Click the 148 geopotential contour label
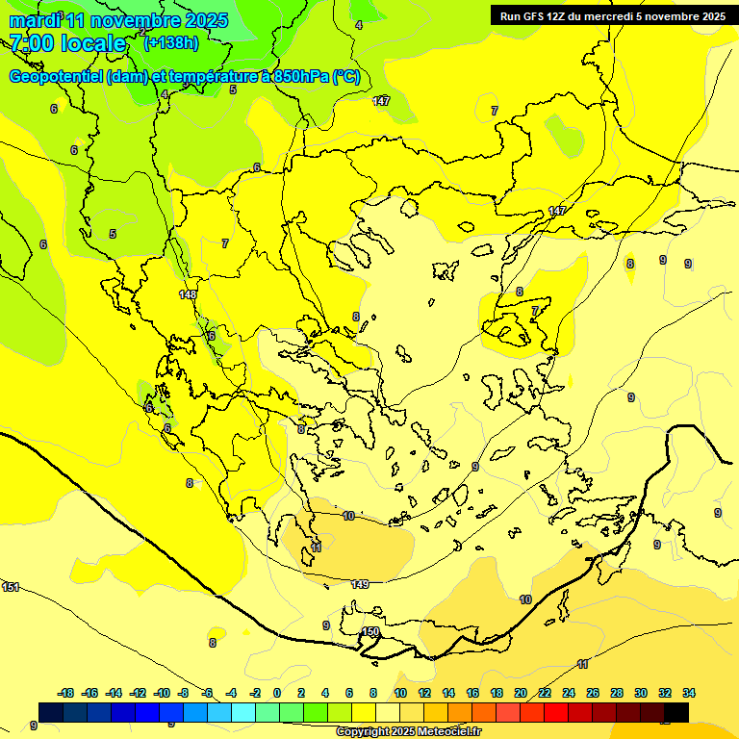point(188,294)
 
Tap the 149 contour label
point(360,584)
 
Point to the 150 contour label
point(370,632)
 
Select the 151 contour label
point(11,587)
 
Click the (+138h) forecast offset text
point(171,42)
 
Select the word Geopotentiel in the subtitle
point(56,77)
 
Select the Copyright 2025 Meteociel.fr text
point(408,732)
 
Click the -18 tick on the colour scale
point(65,693)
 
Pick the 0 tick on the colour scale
point(277,693)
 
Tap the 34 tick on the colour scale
point(689,693)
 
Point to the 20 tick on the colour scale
point(521,693)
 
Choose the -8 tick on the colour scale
point(183,693)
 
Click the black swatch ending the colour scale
point(676,712)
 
